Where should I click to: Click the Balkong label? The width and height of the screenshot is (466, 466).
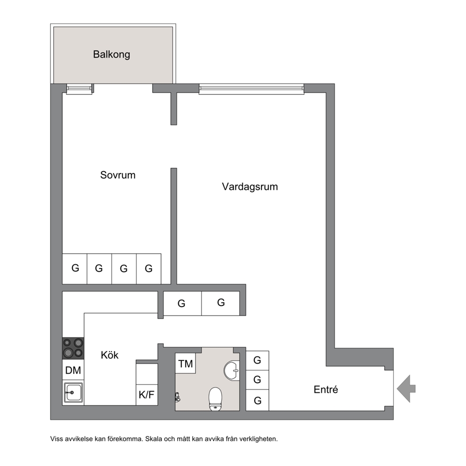pos(111,54)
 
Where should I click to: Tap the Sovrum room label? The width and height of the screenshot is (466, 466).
pos(118,175)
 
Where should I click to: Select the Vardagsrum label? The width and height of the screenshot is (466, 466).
pos(249,187)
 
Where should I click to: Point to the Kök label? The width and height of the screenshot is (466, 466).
pos(109,355)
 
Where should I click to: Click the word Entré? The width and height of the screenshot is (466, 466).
pos(326,389)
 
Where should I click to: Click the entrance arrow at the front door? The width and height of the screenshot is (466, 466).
pos(406,389)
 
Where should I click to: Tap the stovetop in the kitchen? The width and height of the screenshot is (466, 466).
pos(73,349)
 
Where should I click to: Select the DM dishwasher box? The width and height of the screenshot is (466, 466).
pos(73,370)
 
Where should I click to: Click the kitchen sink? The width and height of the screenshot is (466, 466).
pos(73,393)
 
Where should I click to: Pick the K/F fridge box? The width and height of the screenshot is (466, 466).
pos(147,395)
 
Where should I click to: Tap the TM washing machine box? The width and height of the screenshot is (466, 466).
pos(186,363)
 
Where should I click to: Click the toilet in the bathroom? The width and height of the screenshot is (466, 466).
pos(216,399)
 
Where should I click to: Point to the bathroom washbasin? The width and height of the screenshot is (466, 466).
pos(232,370)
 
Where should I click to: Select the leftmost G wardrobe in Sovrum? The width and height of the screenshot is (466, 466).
pos(75,269)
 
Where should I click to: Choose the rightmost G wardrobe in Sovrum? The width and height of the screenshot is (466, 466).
pos(148,269)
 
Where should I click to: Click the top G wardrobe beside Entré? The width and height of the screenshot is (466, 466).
pos(257,360)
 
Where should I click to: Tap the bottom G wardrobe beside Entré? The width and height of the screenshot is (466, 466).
pos(257,400)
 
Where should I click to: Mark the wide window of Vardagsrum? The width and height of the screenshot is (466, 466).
pos(251,89)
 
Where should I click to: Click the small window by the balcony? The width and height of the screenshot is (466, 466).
pos(79,89)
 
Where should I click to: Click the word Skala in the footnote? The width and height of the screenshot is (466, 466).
pos(153,439)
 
